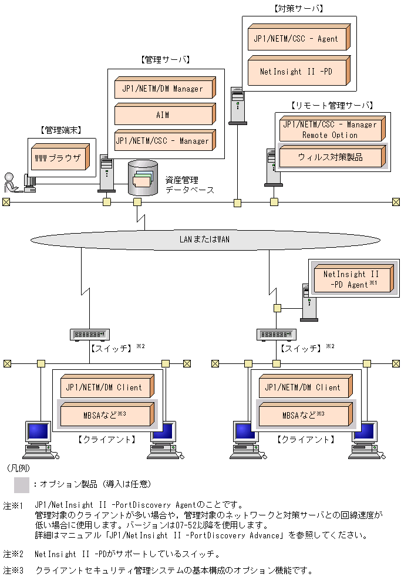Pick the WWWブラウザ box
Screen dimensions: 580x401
pos(59,158)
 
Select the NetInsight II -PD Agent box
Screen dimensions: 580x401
pos(350,279)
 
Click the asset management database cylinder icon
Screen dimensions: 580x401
pos(143,178)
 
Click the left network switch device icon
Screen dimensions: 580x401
pos(90,334)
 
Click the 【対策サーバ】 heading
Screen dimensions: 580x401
pos(298,9)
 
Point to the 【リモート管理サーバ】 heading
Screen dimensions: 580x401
pos(331,106)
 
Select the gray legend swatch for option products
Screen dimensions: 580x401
pos(22,484)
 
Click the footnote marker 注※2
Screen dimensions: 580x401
pos(13,553)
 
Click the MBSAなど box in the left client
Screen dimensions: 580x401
pos(106,414)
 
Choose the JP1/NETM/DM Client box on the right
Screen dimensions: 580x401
pos(304,387)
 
